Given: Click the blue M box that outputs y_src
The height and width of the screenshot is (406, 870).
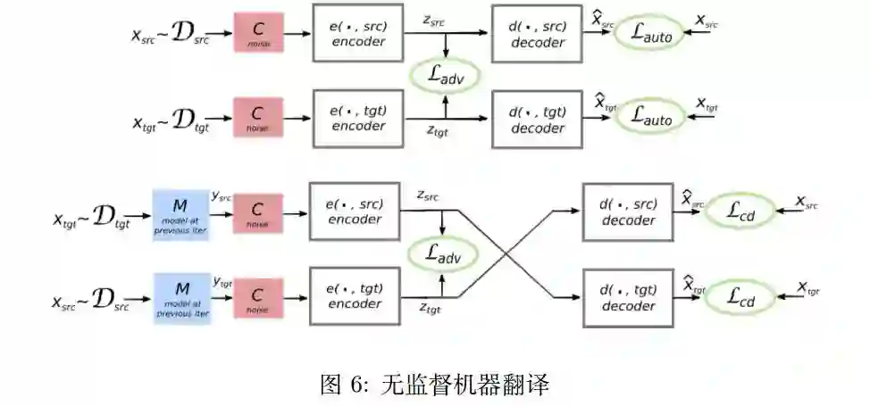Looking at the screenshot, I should click(x=182, y=214).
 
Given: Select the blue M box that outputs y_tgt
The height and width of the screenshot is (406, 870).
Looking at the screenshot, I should click(x=182, y=297).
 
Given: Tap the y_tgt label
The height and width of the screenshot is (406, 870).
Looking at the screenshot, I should click(x=222, y=282).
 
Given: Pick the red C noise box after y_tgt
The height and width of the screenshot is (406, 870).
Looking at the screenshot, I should click(x=258, y=297).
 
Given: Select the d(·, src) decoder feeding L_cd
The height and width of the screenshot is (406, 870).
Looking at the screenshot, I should click(x=628, y=211).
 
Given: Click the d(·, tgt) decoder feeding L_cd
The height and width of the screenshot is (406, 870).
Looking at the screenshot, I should click(x=628, y=298).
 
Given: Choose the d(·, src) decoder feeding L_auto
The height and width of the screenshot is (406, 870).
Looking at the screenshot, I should click(x=538, y=33).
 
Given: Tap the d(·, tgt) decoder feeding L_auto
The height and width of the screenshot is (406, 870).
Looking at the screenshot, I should click(x=538, y=118).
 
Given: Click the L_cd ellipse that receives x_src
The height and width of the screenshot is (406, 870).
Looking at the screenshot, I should click(x=740, y=212).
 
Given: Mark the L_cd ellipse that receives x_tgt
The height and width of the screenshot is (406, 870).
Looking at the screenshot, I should click(x=740, y=298).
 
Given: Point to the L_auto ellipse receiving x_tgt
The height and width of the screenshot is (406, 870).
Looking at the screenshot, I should click(x=650, y=116).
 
